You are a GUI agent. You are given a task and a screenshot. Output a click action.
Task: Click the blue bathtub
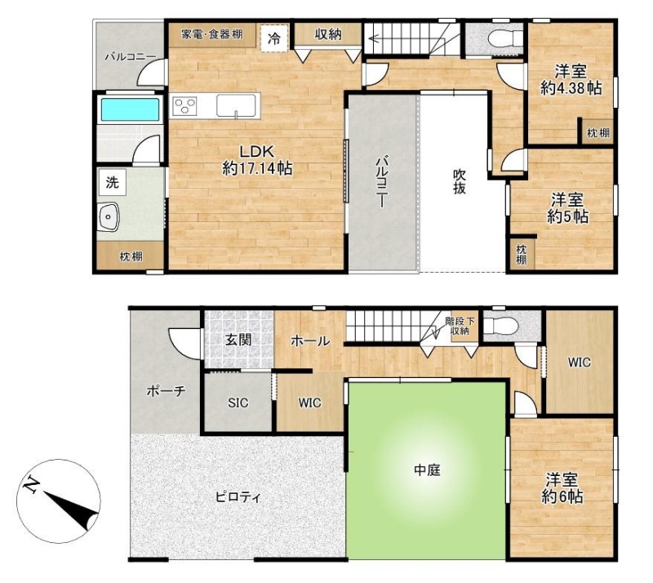pos(130,109)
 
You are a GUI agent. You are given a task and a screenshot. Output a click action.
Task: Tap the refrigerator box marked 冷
pos(274,38)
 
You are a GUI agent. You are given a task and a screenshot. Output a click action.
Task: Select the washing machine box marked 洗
pos(112,182)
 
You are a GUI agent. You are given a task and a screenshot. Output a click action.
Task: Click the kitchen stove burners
pos(184,106)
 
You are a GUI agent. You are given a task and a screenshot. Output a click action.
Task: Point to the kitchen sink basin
pos(236,105)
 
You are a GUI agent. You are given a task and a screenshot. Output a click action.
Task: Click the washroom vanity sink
pos(109,216)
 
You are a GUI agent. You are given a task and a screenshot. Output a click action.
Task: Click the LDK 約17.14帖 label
pos(257,160)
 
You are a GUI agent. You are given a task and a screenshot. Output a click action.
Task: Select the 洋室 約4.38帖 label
pos(571,80)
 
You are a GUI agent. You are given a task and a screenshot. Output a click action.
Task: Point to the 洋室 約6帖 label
pos(562,488)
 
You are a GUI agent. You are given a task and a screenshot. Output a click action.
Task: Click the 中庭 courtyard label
pos(427,470)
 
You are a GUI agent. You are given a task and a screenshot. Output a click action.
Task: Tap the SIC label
pos(238,403)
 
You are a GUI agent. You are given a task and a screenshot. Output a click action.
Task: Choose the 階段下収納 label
pos(460,327)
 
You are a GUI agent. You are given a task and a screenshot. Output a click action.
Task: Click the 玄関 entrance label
pos(238,340)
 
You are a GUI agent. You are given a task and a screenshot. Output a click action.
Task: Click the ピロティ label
pos(238,497)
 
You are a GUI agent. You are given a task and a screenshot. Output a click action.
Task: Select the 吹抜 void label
pos(460,181)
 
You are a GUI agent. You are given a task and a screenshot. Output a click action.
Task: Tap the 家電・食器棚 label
pos(211,34)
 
